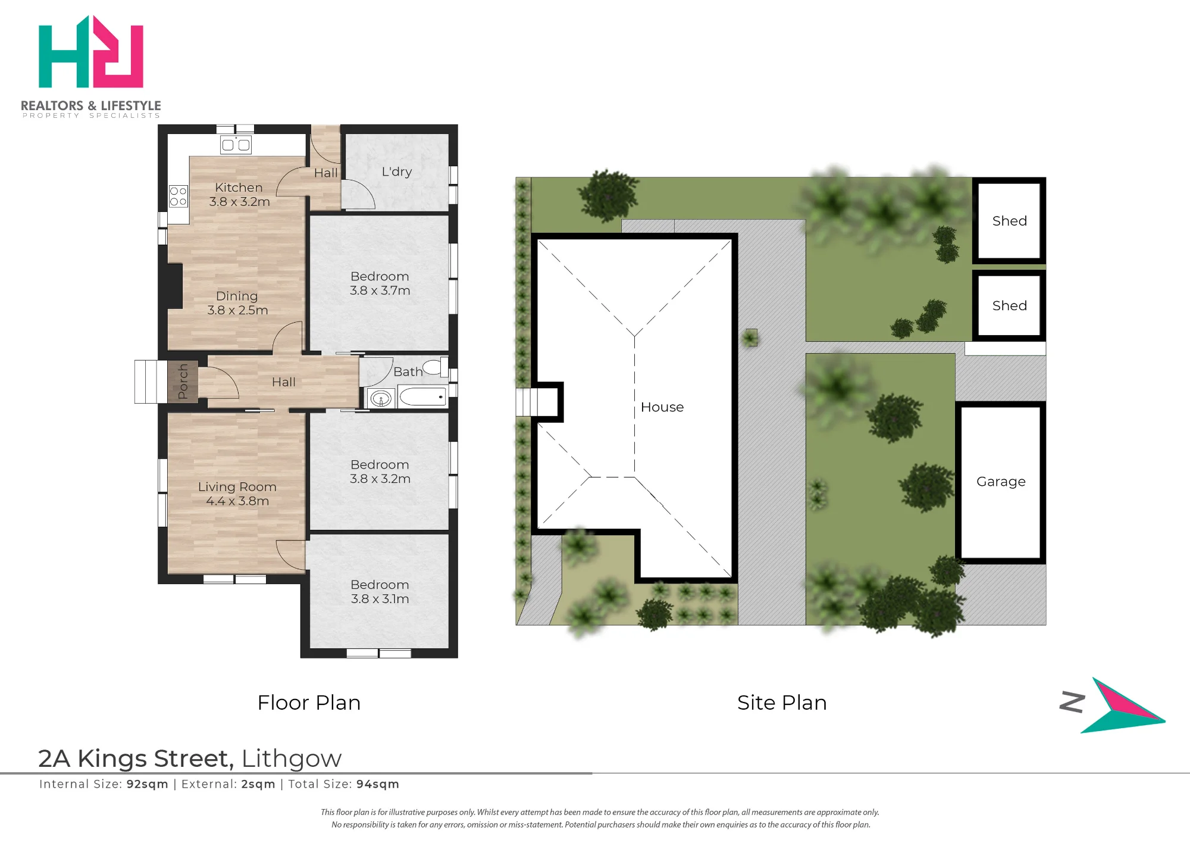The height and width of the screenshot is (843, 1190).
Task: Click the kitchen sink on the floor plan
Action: (236, 145)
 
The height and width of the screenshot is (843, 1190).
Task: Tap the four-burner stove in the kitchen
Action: (178, 196)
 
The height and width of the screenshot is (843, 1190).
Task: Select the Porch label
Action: (183, 382)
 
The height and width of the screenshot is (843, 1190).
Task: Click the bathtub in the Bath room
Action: (422, 396)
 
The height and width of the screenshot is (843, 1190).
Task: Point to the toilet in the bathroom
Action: (436, 367)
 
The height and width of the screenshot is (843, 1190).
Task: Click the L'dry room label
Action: (397, 171)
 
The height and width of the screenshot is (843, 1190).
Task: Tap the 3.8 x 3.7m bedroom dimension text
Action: (380, 291)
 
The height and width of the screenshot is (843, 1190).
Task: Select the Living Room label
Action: (237, 487)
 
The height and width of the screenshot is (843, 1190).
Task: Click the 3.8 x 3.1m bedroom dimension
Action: (380, 599)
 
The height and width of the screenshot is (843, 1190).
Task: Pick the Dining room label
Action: (237, 296)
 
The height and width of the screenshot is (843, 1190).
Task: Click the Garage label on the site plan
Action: (1001, 482)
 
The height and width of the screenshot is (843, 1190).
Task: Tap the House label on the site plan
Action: (662, 407)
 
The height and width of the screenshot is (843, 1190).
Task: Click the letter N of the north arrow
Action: (1072, 702)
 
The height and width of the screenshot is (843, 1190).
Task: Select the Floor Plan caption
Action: (309, 702)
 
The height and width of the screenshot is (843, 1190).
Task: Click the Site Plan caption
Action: (782, 702)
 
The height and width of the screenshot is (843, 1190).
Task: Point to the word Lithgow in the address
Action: (292, 759)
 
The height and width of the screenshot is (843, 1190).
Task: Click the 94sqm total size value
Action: (378, 785)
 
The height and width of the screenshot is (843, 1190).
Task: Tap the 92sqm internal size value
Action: (148, 785)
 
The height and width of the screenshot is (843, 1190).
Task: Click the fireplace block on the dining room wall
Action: (175, 286)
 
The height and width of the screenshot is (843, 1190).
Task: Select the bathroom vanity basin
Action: (380, 398)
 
